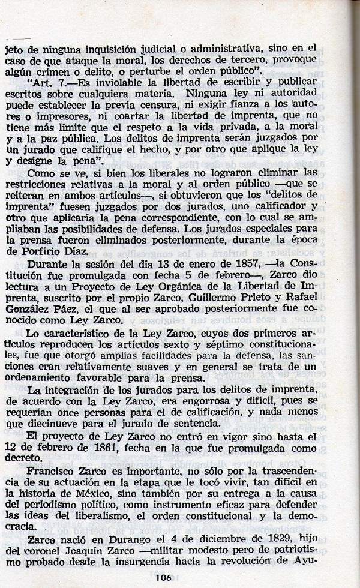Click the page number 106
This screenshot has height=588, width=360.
point(179,578)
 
